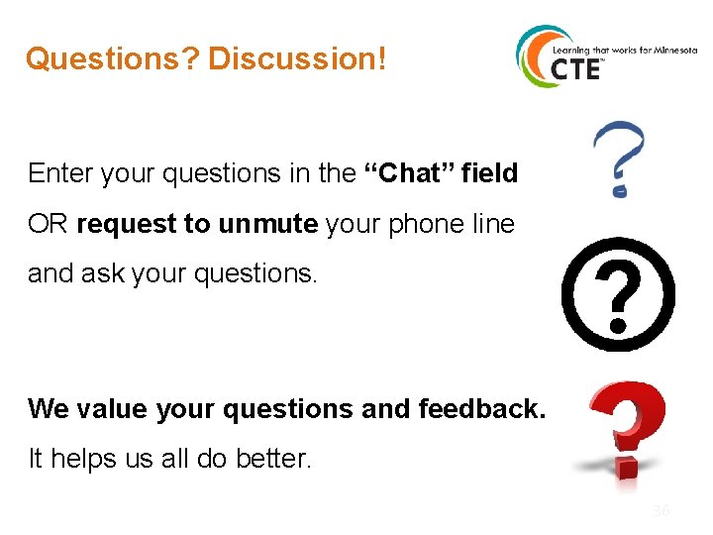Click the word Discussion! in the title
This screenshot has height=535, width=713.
(296, 59)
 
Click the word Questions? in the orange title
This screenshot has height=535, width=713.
(112, 59)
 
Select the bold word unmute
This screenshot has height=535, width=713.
(267, 224)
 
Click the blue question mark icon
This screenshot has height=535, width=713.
(618, 157)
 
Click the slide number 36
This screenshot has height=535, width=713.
(661, 511)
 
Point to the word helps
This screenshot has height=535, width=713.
(83, 459)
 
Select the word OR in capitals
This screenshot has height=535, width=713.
(48, 225)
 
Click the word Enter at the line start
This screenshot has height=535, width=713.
(58, 173)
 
